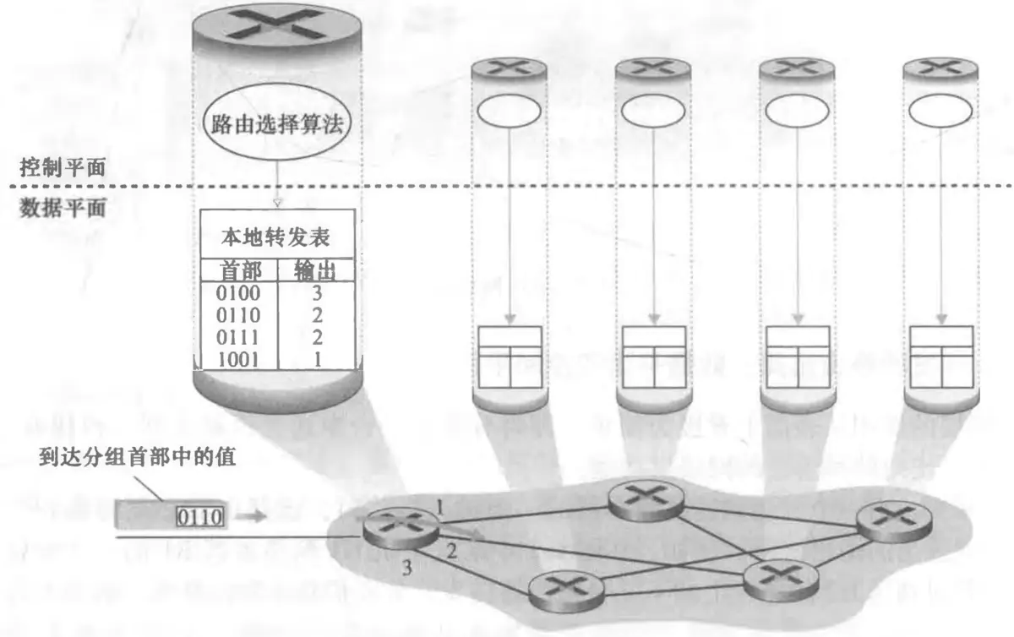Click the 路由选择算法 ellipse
click(276, 127)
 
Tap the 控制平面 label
click(63, 166)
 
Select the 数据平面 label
click(63, 208)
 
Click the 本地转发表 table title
click(276, 237)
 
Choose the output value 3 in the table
click(319, 294)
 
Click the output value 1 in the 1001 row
click(319, 359)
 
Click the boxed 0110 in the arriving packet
click(199, 515)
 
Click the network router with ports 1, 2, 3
click(401, 527)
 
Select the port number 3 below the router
click(406, 569)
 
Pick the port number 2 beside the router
click(451, 553)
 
